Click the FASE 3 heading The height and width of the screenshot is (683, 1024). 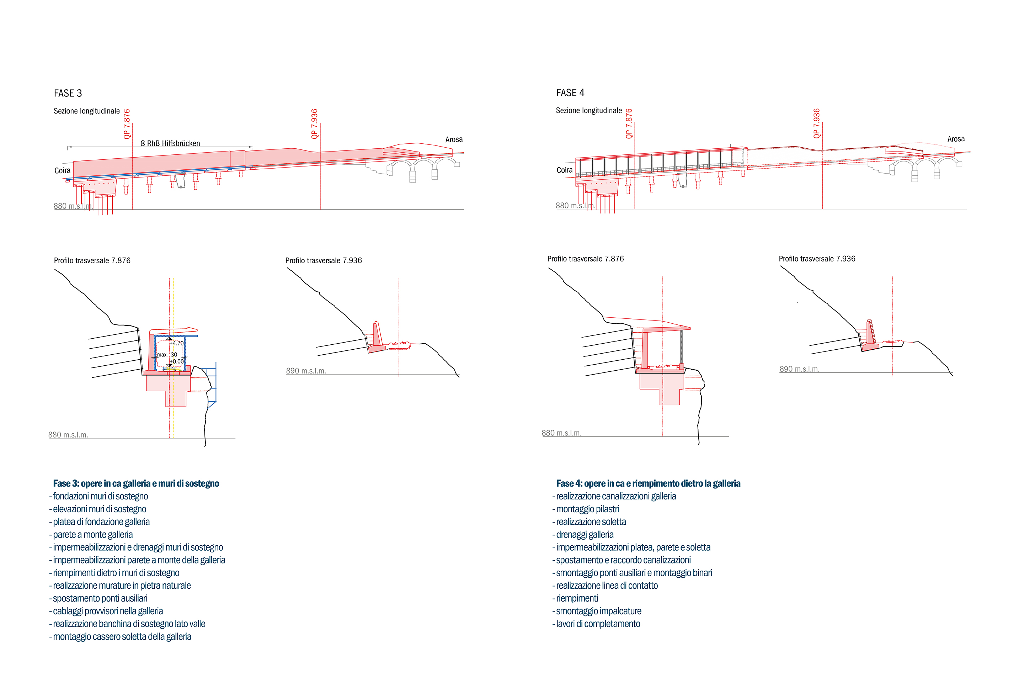click(68, 93)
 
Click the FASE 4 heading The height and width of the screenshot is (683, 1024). click(570, 93)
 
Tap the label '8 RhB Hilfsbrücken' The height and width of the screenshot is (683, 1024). click(170, 143)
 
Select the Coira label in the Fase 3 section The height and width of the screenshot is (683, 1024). click(62, 170)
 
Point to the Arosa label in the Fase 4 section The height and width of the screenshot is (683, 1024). click(956, 139)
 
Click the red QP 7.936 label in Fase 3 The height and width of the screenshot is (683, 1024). click(314, 124)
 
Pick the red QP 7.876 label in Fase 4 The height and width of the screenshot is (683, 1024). click(629, 123)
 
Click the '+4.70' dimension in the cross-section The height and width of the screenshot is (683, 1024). click(177, 343)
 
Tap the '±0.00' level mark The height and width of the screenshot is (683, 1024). click(177, 361)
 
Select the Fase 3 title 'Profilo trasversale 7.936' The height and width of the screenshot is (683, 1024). click(324, 260)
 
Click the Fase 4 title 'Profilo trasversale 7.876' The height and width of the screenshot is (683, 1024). click(585, 259)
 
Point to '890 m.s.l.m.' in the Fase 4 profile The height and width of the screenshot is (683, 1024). click(799, 369)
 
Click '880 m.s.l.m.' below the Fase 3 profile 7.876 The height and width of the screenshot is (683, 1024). click(68, 435)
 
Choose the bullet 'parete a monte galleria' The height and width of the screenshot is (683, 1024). click(93, 534)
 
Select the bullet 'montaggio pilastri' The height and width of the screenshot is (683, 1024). click(587, 509)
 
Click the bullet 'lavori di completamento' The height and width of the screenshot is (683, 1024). click(598, 624)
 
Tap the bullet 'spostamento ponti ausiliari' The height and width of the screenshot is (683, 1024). click(100, 598)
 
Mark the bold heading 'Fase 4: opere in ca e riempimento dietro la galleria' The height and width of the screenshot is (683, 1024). click(648, 483)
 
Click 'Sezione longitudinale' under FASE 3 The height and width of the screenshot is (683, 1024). click(87, 111)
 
